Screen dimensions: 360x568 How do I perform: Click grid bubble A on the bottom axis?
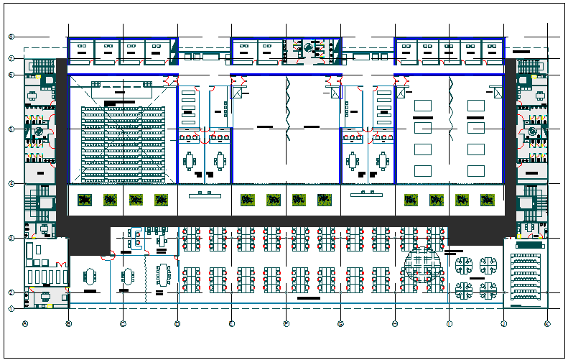tap(25, 323)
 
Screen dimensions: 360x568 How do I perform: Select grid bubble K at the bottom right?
tap(547, 323)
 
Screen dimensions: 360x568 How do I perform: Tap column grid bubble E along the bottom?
tap(232, 323)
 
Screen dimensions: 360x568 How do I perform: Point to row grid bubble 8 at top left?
tap(11, 36)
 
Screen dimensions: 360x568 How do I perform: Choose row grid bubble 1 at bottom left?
tap(11, 308)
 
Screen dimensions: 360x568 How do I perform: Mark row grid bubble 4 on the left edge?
tap(11, 184)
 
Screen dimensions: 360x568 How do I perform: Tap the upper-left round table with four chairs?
tap(463, 264)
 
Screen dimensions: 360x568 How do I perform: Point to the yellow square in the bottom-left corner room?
tap(50, 307)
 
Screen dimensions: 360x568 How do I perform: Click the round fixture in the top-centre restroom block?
tap(309, 48)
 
